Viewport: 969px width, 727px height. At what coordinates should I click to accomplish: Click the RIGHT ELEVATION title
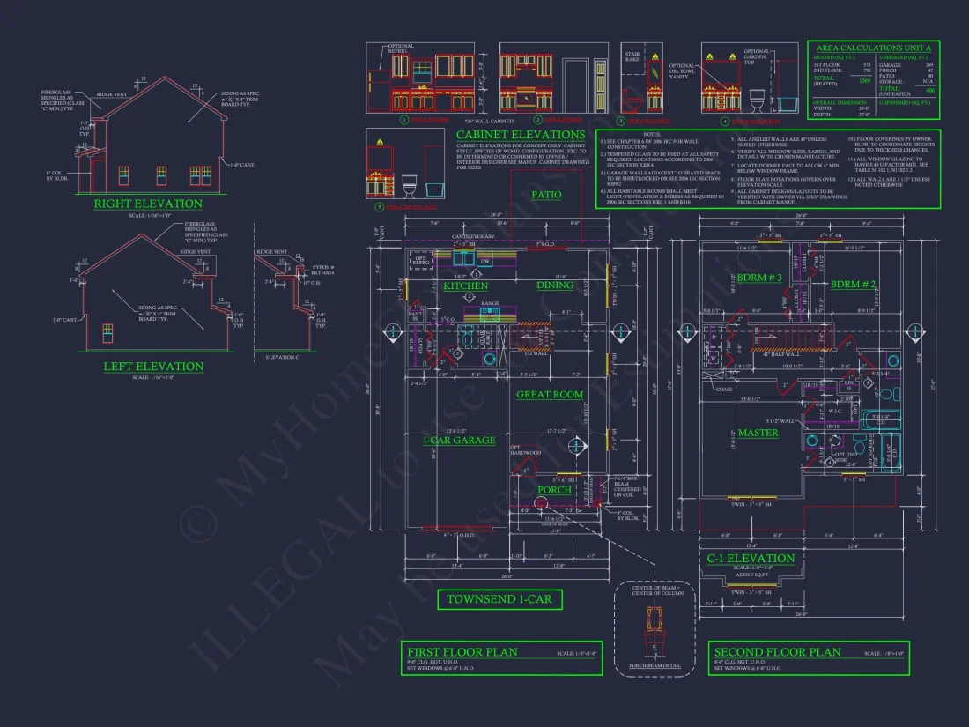tap(149, 204)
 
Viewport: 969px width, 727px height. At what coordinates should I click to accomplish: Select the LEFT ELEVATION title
tap(153, 367)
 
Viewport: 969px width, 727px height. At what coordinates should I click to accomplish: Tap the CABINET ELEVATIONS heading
tap(508, 135)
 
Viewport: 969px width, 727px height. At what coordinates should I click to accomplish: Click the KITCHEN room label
tap(465, 286)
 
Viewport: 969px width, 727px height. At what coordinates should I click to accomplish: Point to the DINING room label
tap(555, 285)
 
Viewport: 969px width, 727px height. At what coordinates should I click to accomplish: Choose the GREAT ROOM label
tap(550, 395)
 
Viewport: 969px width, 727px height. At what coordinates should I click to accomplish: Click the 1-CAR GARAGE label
tap(459, 440)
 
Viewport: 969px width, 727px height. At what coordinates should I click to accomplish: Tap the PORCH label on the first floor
tap(555, 490)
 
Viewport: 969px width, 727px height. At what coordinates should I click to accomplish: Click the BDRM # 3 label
tap(758, 278)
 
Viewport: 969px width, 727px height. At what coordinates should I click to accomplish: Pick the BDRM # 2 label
tap(854, 284)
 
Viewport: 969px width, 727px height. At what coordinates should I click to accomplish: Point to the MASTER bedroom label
tap(758, 433)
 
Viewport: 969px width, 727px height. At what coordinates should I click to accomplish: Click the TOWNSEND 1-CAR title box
tap(499, 600)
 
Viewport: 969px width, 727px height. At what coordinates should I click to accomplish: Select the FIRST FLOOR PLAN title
tap(462, 652)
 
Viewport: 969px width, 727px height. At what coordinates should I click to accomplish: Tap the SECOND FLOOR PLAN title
tap(777, 652)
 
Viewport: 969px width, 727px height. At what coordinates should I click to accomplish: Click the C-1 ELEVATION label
tap(751, 558)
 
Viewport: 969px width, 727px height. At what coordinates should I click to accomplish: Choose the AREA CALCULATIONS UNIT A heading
tap(873, 48)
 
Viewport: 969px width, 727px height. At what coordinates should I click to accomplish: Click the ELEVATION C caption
tap(282, 357)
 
